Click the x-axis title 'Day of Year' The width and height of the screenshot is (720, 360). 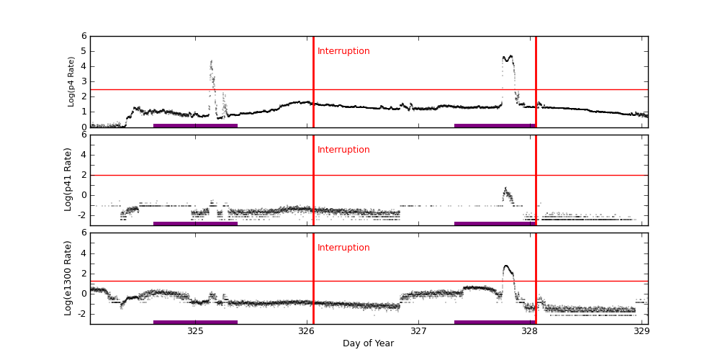pyautogui.click(x=368, y=343)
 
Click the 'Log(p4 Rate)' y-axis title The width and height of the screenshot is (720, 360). pyautogui.click(x=71, y=81)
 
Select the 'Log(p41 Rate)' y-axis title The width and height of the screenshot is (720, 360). pyautogui.click(x=68, y=179)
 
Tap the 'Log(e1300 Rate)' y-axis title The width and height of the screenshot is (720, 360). pyautogui.click(x=68, y=278)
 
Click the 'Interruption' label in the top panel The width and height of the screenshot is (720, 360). pyautogui.click(x=343, y=51)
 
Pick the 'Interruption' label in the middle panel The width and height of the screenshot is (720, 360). pyautogui.click(x=343, y=150)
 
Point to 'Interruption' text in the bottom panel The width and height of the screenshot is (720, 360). pyautogui.click(x=343, y=248)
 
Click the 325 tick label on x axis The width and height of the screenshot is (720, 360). pyautogui.click(x=195, y=331)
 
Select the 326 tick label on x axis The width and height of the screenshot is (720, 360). pyautogui.click(x=307, y=331)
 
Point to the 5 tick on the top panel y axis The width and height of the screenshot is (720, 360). pyautogui.click(x=84, y=51)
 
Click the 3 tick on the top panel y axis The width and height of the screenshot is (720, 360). pyautogui.click(x=84, y=81)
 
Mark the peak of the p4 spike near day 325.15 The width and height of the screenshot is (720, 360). pyautogui.click(x=211, y=62)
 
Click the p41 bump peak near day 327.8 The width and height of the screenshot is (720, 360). pyautogui.click(x=505, y=189)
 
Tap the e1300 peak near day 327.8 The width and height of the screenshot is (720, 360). pyautogui.click(x=506, y=266)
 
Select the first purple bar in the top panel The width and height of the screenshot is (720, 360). pyautogui.click(x=195, y=125)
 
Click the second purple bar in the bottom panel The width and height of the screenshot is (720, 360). pyautogui.click(x=495, y=322)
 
